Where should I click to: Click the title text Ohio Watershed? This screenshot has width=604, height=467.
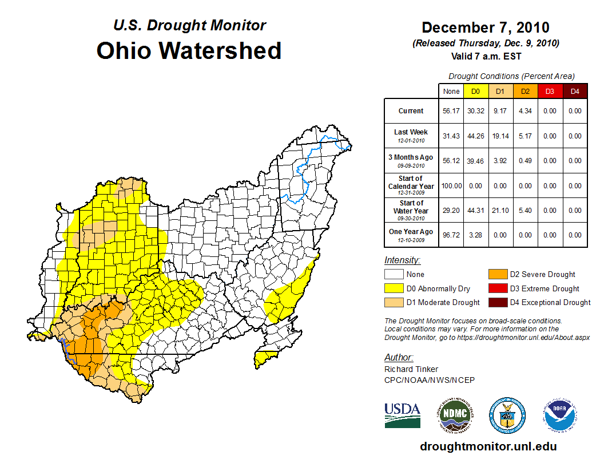tap(189, 50)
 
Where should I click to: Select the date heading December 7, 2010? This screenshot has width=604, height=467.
tap(485, 27)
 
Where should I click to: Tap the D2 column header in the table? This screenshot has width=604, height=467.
tap(525, 91)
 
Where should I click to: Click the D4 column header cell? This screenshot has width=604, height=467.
tap(574, 91)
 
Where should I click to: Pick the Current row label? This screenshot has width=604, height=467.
tap(411, 111)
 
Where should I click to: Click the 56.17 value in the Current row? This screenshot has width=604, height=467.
tap(451, 111)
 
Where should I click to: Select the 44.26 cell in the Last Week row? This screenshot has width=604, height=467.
tap(476, 136)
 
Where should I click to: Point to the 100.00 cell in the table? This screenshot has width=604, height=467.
tap(451, 186)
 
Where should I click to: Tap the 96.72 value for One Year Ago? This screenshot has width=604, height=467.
tap(451, 235)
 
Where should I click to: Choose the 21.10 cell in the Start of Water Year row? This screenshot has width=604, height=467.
tap(500, 211)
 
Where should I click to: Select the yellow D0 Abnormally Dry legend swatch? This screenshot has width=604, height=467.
tap(395, 288)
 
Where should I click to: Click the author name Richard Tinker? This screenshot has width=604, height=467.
tap(411, 369)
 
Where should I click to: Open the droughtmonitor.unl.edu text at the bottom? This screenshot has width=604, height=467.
tap(488, 446)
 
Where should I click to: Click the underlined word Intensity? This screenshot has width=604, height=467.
tap(402, 260)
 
